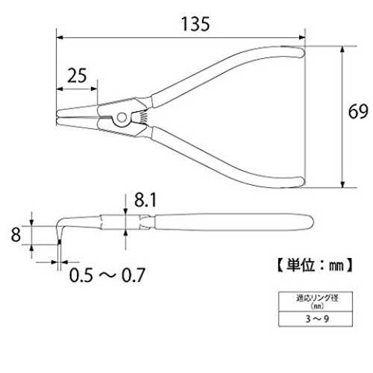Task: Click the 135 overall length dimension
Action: coord(195,24)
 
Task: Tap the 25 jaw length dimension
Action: coord(77,75)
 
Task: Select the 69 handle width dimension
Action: coord(358,112)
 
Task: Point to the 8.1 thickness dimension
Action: coord(145,200)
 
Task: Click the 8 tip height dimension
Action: coord(16,235)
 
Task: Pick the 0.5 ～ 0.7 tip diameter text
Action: coord(107,275)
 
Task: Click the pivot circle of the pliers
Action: coord(122,118)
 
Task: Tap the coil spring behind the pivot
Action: coord(143,116)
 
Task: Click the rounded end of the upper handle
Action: coord(301,51)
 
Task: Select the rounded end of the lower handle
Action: coord(301,182)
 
